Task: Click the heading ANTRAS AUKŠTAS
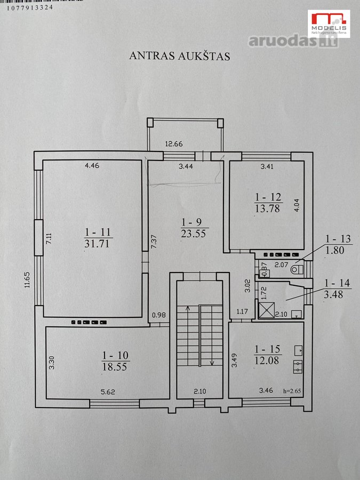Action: pyautogui.click(x=180, y=56)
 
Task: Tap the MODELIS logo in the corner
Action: pyautogui.click(x=329, y=23)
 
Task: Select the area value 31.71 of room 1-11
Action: pyautogui.click(x=97, y=244)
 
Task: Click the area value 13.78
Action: pyautogui.click(x=267, y=209)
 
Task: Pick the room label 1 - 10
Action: pyautogui.click(x=115, y=355)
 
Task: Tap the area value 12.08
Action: pyautogui.click(x=267, y=361)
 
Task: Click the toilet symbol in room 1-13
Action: pyautogui.click(x=297, y=270)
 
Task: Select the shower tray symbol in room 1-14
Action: pyautogui.click(x=267, y=310)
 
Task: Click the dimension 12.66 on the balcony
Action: pyautogui.click(x=174, y=143)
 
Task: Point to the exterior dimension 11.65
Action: pyautogui.click(x=28, y=280)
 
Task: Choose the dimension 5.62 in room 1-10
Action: pyautogui.click(x=108, y=391)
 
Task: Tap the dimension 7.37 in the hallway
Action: pyautogui.click(x=154, y=241)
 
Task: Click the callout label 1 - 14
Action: pyautogui.click(x=338, y=283)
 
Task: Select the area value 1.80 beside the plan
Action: pyautogui.click(x=334, y=251)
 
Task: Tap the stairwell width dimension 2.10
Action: pyautogui.click(x=199, y=391)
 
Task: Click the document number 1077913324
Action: pyautogui.click(x=30, y=7)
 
